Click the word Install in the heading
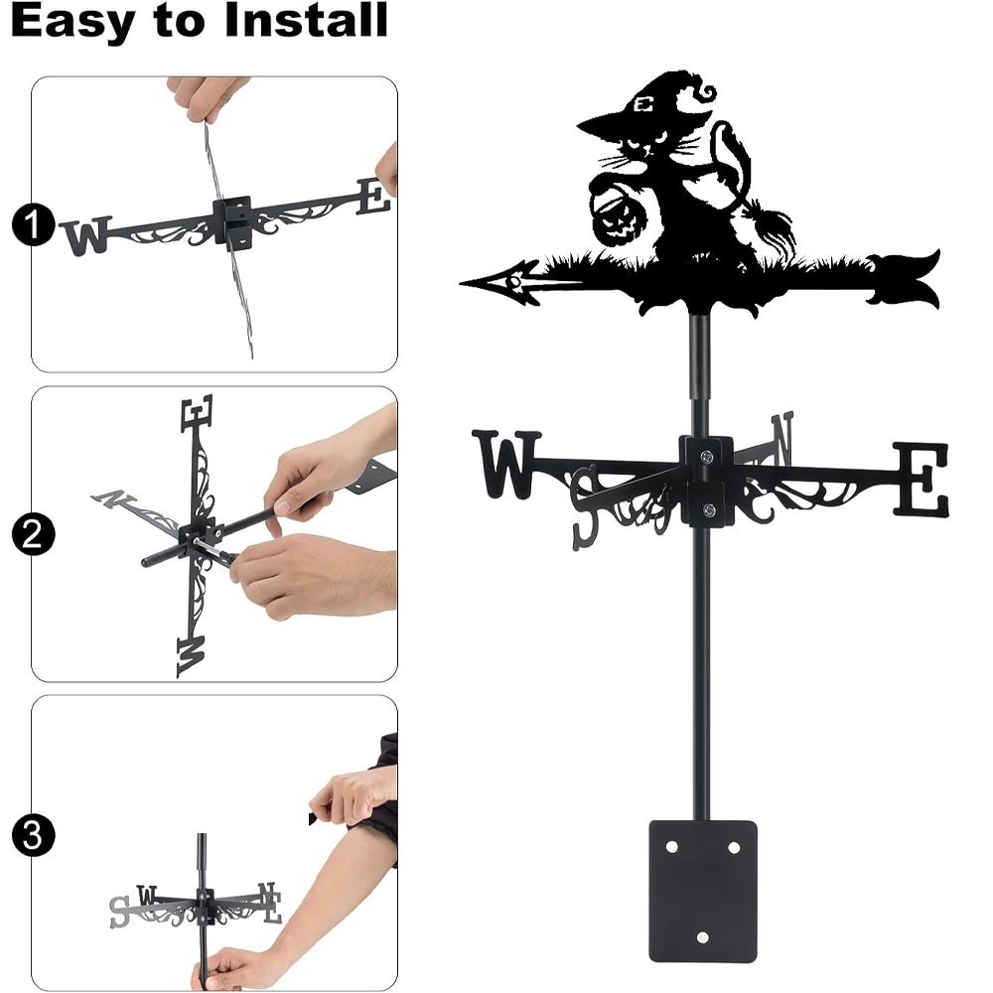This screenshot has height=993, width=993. [x=306, y=20]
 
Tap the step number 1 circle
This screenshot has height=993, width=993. [x=33, y=224]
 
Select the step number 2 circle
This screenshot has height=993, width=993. [x=33, y=534]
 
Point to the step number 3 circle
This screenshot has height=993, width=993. [x=33, y=835]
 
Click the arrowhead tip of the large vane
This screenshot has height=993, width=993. [x=462, y=282]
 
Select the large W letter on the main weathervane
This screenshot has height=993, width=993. [x=506, y=465]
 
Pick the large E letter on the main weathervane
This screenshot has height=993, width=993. [x=921, y=479]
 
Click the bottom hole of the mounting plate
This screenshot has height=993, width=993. [x=702, y=936]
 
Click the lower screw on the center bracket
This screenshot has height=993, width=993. [x=709, y=509]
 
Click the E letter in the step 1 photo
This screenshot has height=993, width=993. [x=373, y=197]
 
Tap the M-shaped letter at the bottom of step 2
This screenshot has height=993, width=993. [x=191, y=656]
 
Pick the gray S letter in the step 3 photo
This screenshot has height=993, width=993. [x=119, y=912]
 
